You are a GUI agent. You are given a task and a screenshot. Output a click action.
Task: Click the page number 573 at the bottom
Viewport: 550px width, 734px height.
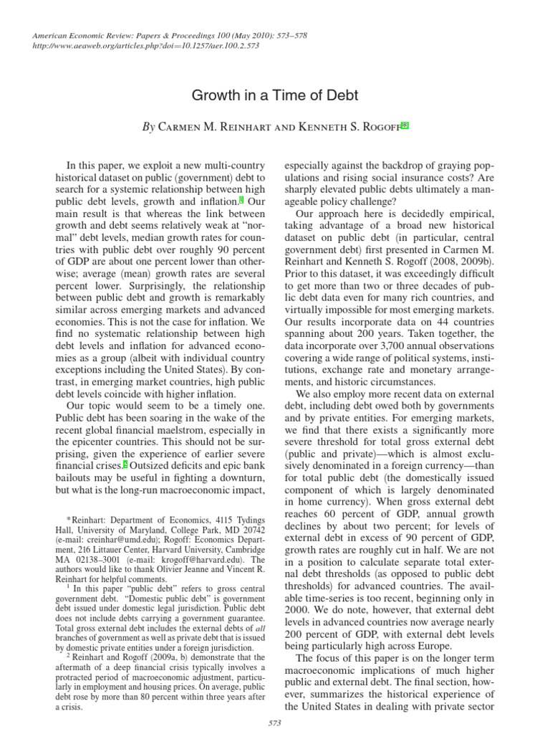(275, 722)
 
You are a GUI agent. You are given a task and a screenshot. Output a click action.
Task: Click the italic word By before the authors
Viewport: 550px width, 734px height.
(149, 127)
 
